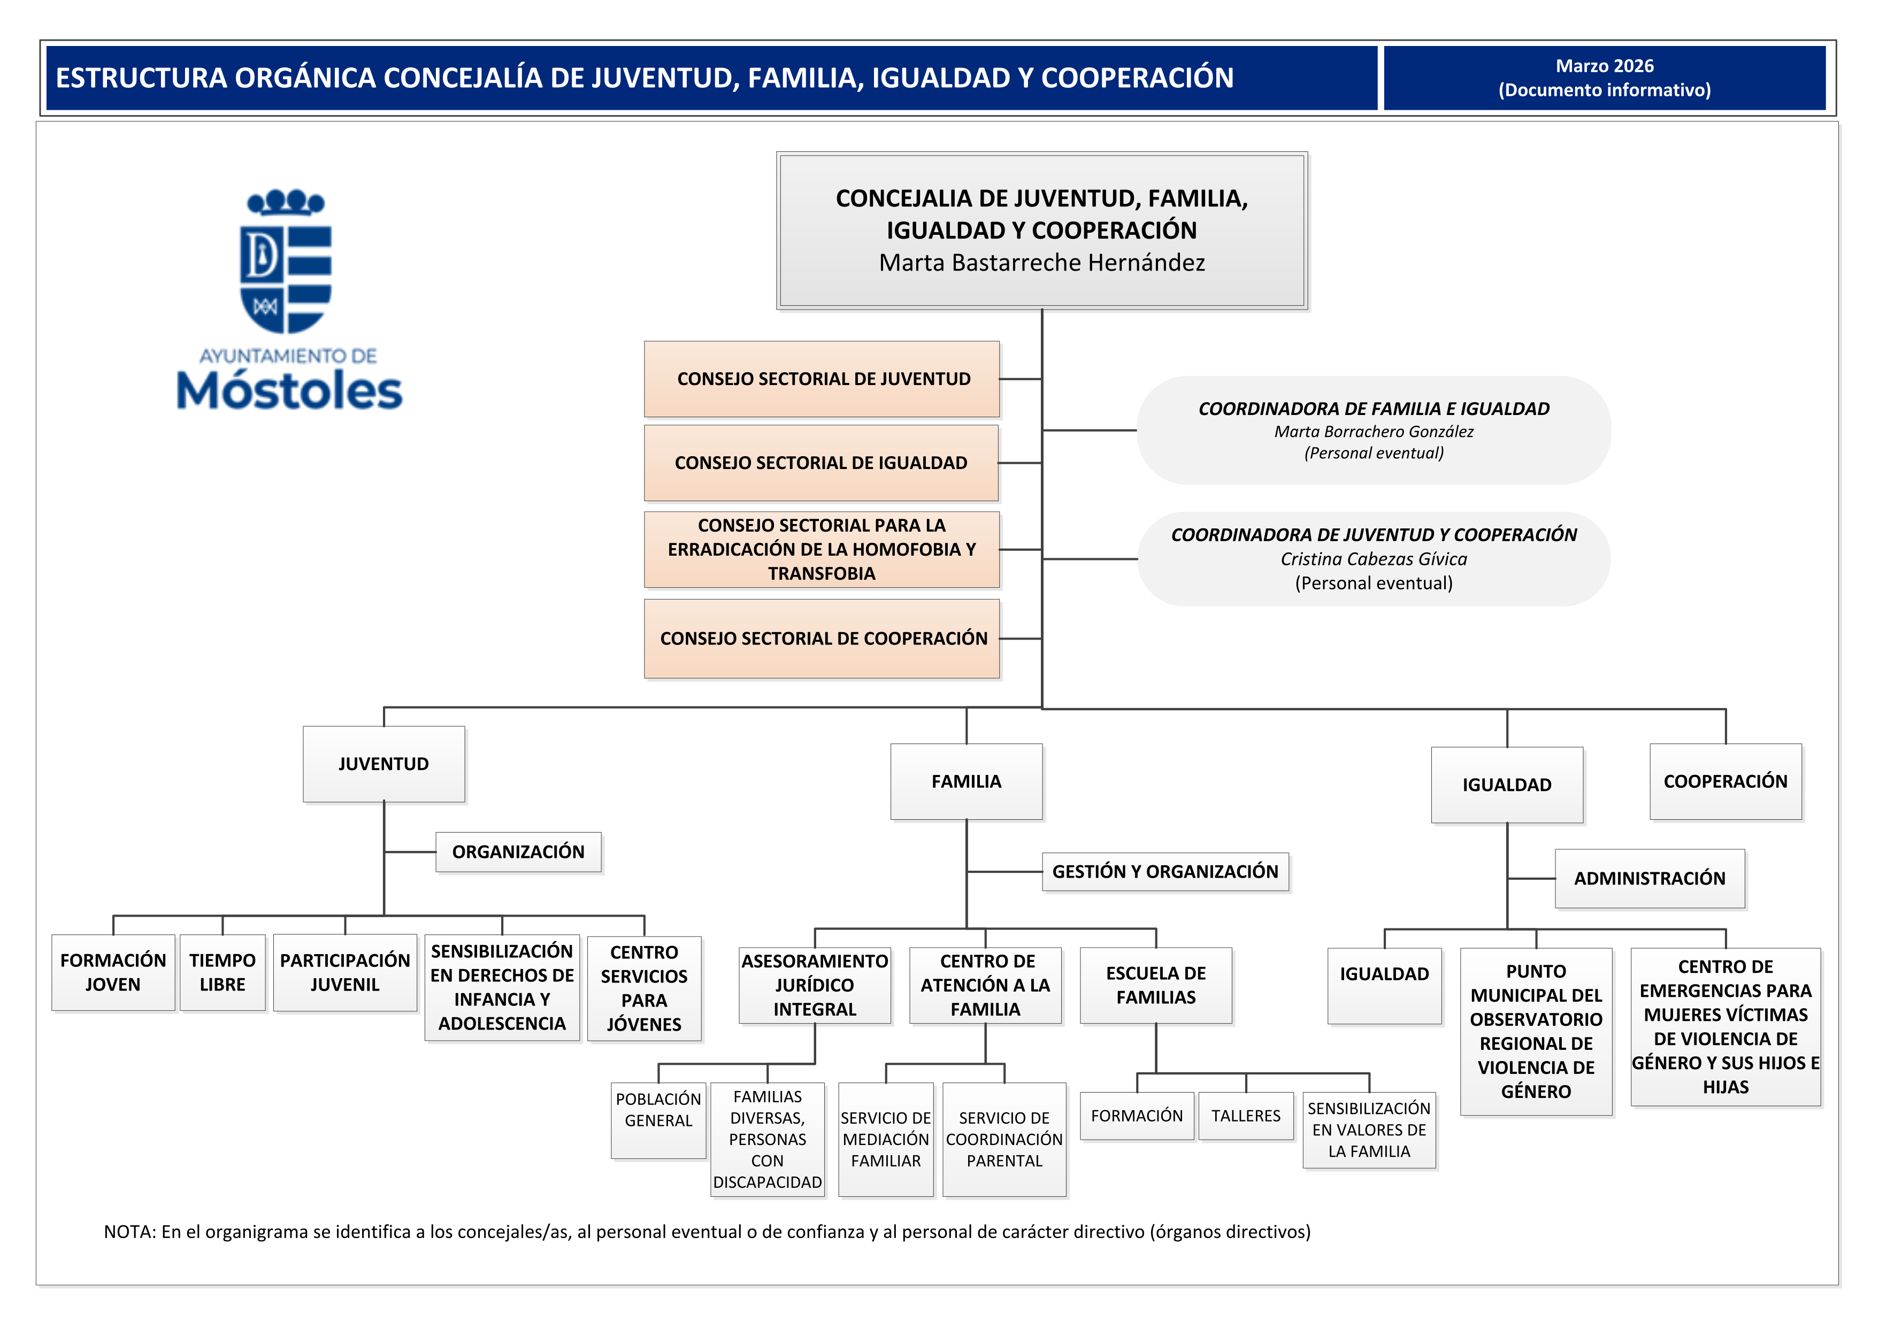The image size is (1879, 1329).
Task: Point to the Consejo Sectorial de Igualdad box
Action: (821, 463)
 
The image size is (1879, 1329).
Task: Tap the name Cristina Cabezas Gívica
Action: (1373, 559)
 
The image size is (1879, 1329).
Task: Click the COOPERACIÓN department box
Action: (1724, 781)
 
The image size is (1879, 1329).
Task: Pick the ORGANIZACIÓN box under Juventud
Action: (518, 852)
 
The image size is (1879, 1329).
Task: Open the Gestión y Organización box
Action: (1164, 872)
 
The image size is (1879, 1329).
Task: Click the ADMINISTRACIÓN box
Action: (1649, 878)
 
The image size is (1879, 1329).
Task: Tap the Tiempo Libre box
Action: (222, 972)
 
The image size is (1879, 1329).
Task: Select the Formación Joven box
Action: (113, 972)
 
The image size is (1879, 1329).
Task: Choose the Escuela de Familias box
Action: (1155, 985)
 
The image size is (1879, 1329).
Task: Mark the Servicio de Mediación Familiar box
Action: (886, 1139)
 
